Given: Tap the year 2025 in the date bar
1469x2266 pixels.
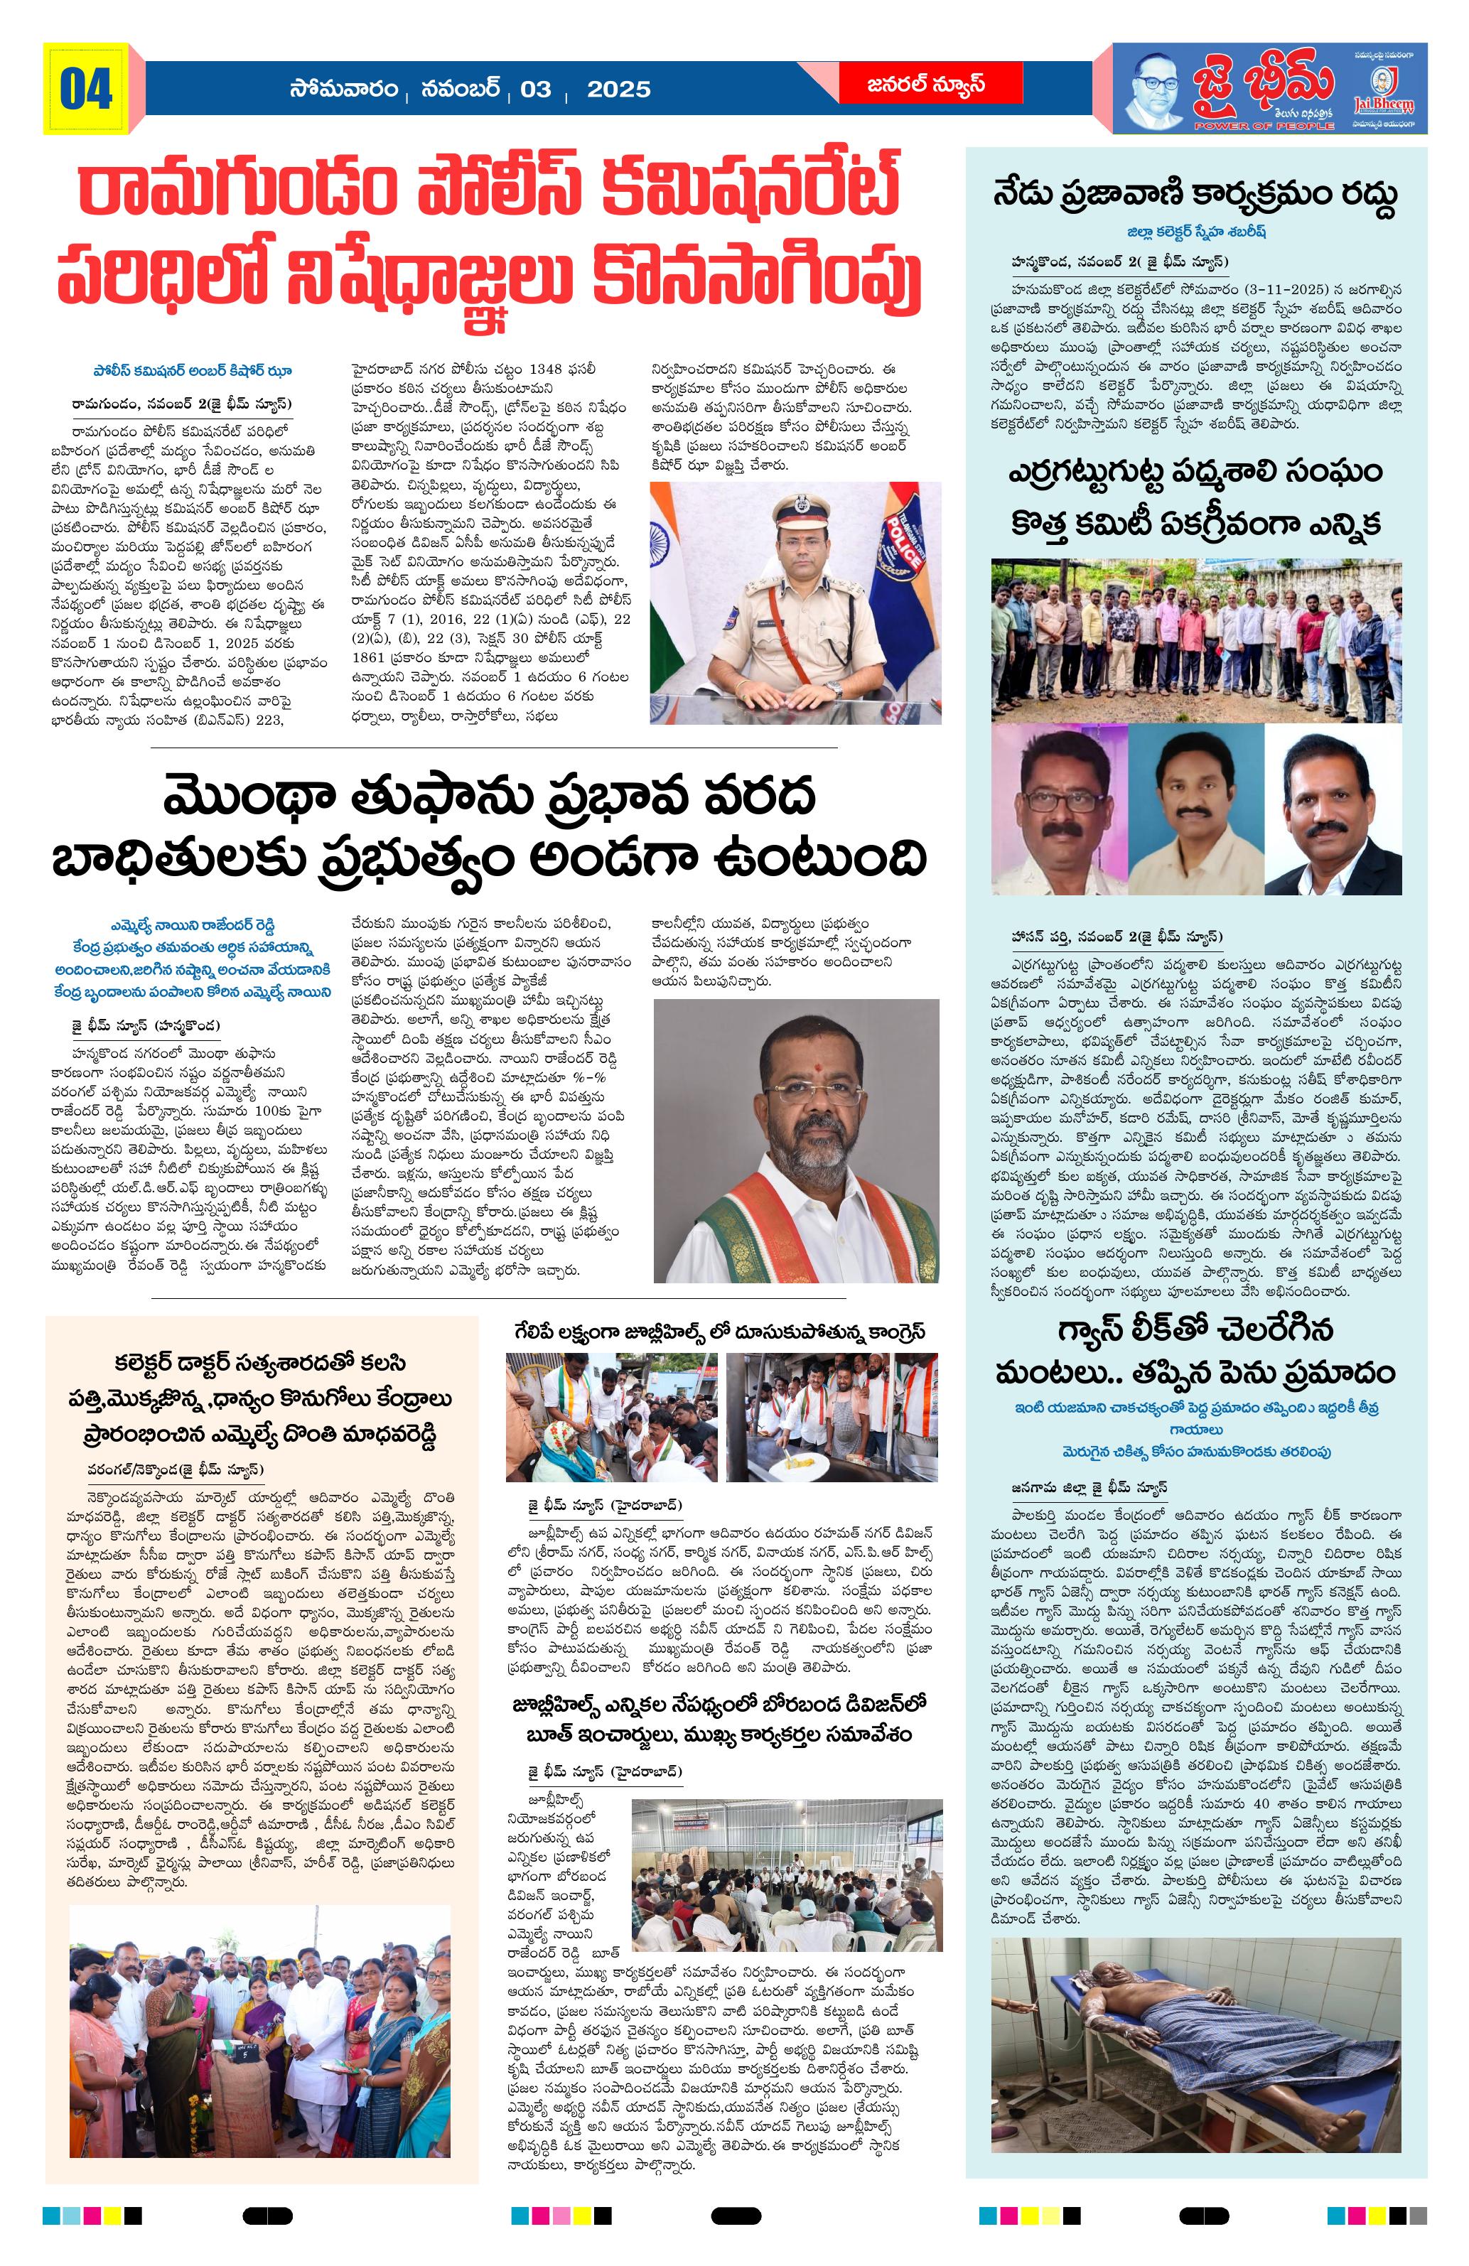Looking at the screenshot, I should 618,90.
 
